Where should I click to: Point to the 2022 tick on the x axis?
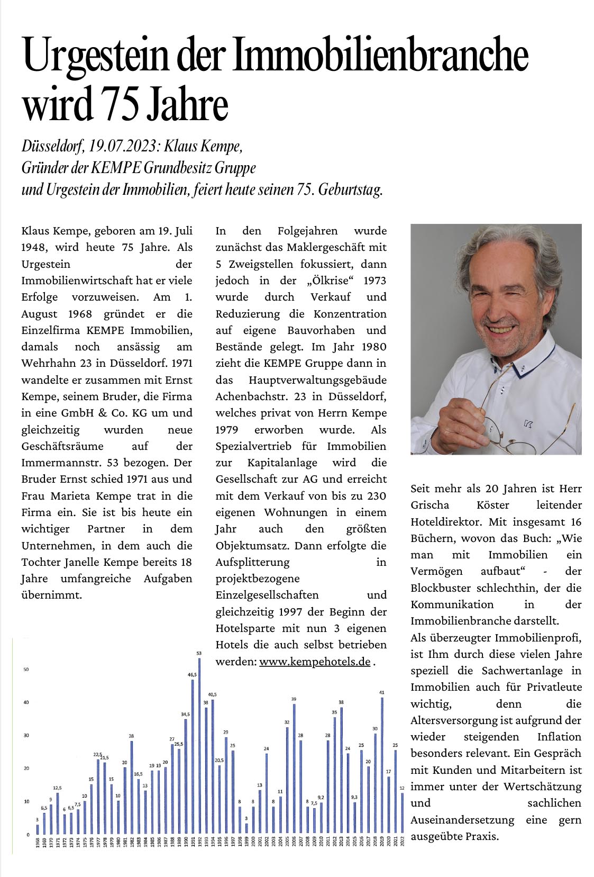(x=403, y=842)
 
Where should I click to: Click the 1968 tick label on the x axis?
(x=38, y=842)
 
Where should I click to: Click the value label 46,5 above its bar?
(x=192, y=675)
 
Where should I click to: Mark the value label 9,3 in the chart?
(x=354, y=797)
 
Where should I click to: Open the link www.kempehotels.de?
(x=315, y=662)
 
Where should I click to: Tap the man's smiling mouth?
(x=501, y=329)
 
